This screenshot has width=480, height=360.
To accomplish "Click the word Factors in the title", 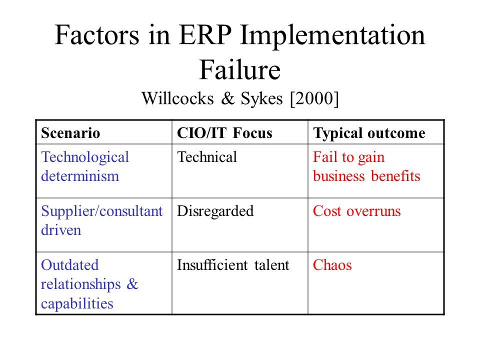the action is click(97, 35).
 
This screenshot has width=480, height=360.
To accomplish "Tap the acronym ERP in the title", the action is click(205, 35).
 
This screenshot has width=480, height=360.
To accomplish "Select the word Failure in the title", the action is click(240, 70).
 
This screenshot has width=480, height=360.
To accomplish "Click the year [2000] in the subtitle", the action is click(314, 98).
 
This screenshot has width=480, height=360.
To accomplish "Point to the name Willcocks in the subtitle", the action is click(177, 98).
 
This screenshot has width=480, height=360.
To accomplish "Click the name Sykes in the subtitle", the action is click(261, 99).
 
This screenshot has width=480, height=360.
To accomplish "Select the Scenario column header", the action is click(70, 133).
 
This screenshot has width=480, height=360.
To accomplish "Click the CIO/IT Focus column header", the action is click(224, 133).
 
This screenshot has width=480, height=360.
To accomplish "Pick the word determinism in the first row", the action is click(80, 176).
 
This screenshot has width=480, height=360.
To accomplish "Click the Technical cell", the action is click(207, 157).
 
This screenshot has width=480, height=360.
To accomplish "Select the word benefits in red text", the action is click(395, 176).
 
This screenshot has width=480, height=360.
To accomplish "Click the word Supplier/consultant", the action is click(101, 211).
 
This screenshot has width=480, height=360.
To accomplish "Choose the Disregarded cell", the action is click(215, 211).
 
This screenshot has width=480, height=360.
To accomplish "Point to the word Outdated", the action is click(70, 265).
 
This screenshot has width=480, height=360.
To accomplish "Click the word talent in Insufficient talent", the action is click(272, 265).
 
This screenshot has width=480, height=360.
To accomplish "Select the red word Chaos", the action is click(332, 265).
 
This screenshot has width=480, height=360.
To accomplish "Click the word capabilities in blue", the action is click(77, 303).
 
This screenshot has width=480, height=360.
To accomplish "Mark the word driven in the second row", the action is click(61, 230).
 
